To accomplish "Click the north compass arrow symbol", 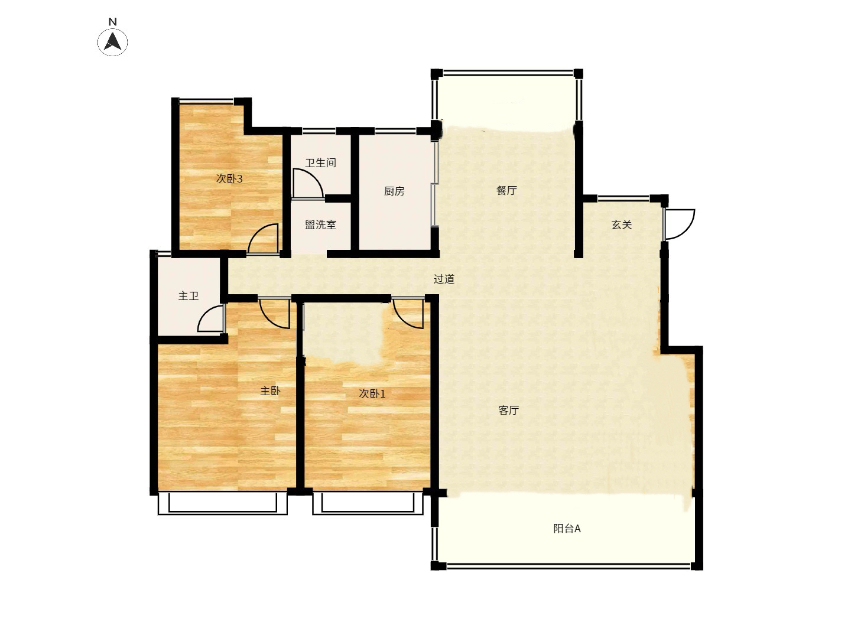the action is [x=112, y=42].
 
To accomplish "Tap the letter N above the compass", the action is [x=112, y=22].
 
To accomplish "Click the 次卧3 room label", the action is [x=229, y=178].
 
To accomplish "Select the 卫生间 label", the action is [x=320, y=162].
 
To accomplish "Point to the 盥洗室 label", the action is [x=320, y=225].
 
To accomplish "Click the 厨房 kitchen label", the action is [x=394, y=191].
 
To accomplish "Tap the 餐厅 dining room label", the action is [x=506, y=190].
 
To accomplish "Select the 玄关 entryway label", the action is [x=622, y=224].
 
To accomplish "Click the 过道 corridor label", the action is [x=444, y=279].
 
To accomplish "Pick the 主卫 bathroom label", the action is [x=189, y=297].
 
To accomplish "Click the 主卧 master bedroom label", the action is [x=270, y=391].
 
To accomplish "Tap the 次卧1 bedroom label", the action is [x=372, y=394].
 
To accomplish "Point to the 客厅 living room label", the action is [x=508, y=410].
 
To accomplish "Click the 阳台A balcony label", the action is [x=567, y=528].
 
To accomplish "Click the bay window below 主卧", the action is [x=223, y=503].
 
